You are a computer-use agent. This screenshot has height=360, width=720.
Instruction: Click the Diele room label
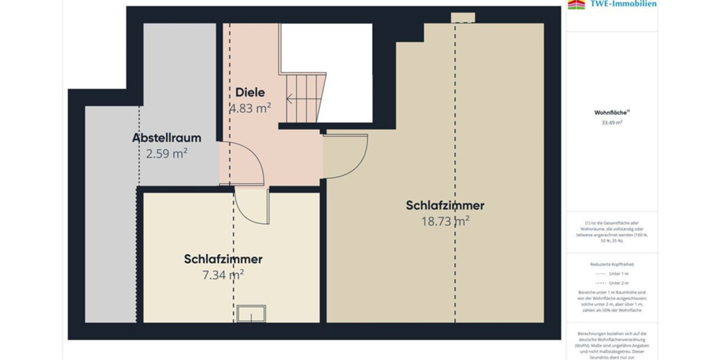point(250,92)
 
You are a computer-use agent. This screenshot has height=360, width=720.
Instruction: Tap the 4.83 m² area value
point(250,109)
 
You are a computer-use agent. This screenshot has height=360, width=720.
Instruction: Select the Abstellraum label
point(166,138)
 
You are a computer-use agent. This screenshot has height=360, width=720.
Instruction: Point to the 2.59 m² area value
point(167,154)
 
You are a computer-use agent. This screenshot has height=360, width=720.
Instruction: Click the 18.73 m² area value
point(445,221)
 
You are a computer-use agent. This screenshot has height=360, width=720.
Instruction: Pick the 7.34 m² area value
point(223,275)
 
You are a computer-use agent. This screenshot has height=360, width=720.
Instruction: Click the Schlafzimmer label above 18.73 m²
point(445,205)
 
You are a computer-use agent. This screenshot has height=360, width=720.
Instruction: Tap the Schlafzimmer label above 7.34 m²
point(223,259)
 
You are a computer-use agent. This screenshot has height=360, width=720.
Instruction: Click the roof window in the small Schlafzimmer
point(251,314)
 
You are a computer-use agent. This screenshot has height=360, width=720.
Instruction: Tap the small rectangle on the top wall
point(463,17)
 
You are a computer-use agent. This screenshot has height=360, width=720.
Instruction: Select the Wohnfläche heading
point(611,112)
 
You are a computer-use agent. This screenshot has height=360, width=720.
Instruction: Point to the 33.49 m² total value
point(612,122)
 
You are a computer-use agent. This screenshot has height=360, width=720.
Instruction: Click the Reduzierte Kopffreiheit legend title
point(612,263)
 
